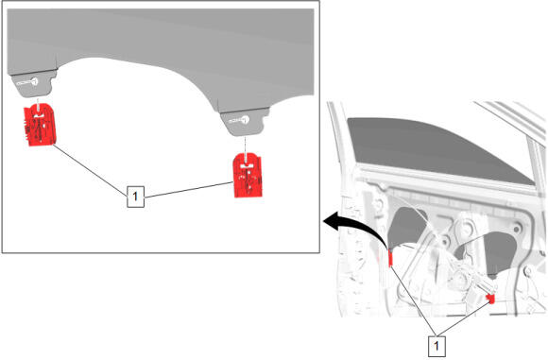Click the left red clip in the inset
click(x=39, y=124)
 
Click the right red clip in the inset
click(x=248, y=176)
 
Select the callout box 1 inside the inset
click(x=135, y=197)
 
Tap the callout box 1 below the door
click(x=437, y=346)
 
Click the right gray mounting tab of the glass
click(x=244, y=121)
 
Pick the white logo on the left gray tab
click(x=27, y=82)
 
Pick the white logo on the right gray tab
click(x=239, y=120)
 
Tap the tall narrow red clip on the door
click(x=391, y=258)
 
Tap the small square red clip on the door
click(x=491, y=299)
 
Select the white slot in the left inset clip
click(x=39, y=115)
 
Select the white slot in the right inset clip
click(x=248, y=166)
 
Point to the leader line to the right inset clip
click(x=189, y=190)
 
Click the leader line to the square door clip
click(x=464, y=318)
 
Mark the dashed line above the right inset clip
click(x=246, y=146)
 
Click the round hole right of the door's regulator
click(x=517, y=229)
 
